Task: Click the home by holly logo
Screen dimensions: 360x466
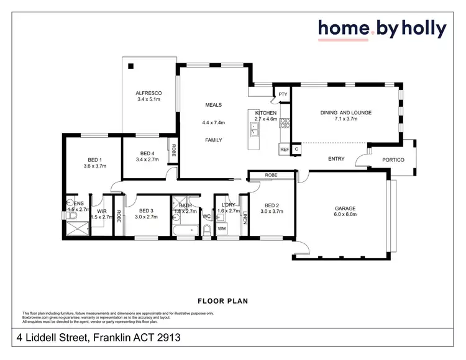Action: click(x=381, y=29)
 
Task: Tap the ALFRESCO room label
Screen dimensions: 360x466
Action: click(x=148, y=93)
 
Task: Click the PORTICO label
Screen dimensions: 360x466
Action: click(x=393, y=160)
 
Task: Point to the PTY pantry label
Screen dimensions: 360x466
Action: click(x=283, y=94)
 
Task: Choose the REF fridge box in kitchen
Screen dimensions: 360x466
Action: click(x=284, y=150)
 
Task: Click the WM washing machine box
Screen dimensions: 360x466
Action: click(x=222, y=229)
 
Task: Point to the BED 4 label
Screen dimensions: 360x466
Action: click(x=147, y=154)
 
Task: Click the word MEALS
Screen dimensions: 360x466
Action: click(x=214, y=105)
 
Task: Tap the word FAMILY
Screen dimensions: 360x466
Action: click(x=214, y=140)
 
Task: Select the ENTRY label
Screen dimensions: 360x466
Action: click(x=336, y=159)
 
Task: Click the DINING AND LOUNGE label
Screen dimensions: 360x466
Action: click(x=345, y=112)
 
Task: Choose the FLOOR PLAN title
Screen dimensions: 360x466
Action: click(x=222, y=301)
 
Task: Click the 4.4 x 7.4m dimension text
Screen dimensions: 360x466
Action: click(x=214, y=123)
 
